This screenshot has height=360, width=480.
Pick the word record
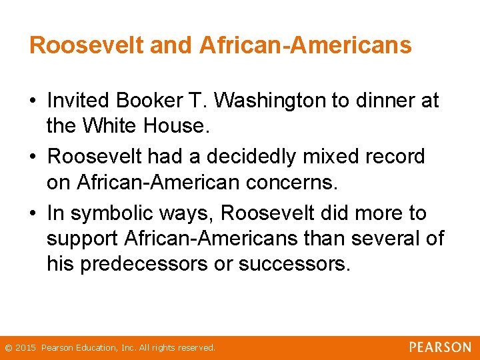397,157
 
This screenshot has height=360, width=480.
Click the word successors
294,264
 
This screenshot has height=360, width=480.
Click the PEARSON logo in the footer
440,347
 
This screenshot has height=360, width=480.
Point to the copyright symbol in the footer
8,348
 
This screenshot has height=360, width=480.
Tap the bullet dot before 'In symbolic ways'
33,214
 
